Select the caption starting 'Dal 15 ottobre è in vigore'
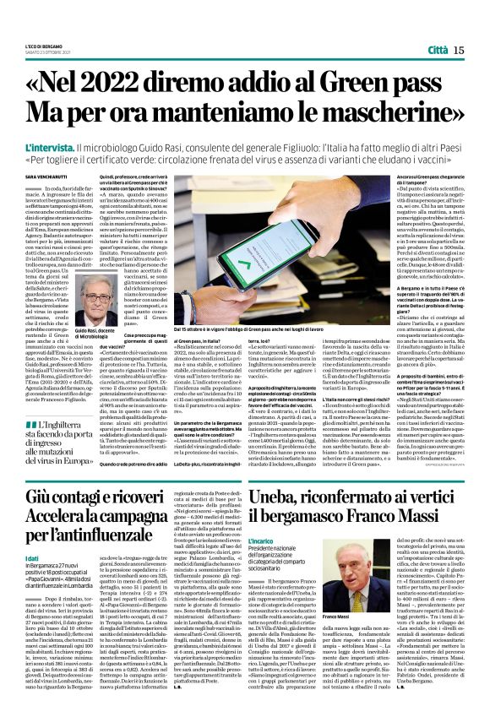tap(265, 325)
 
